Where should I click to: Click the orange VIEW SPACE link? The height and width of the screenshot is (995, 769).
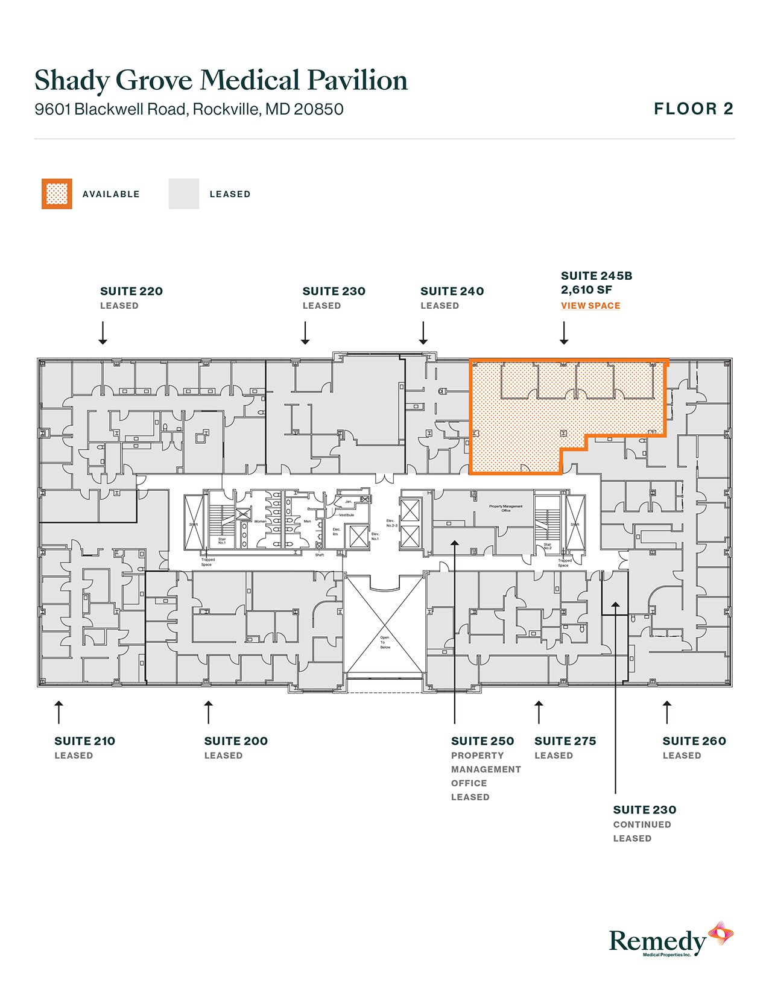(590, 306)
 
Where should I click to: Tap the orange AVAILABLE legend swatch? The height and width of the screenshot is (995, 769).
(57, 194)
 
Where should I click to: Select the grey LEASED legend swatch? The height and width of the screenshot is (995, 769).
(183, 194)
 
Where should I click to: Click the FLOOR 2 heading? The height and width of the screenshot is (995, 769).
(694, 109)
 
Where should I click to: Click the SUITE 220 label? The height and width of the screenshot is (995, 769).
(131, 291)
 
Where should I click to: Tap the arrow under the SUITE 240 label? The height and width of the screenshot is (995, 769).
(423, 333)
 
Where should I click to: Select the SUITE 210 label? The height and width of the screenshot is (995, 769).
(84, 741)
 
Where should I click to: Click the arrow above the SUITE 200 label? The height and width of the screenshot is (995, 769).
(209, 712)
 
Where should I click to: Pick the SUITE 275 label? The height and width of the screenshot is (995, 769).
(565, 741)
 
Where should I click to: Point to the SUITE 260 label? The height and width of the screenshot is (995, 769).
(694, 741)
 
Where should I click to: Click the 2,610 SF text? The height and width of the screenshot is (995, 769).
(586, 290)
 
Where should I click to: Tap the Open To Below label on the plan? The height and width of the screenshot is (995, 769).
(385, 642)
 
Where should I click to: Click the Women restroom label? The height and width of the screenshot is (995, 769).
(260, 522)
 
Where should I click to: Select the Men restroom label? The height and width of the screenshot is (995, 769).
(308, 522)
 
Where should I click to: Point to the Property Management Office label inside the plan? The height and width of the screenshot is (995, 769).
(506, 508)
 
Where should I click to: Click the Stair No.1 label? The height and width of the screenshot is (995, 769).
(222, 541)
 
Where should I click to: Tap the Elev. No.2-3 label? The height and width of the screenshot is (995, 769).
(392, 523)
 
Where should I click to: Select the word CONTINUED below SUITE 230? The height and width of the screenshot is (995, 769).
(642, 824)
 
